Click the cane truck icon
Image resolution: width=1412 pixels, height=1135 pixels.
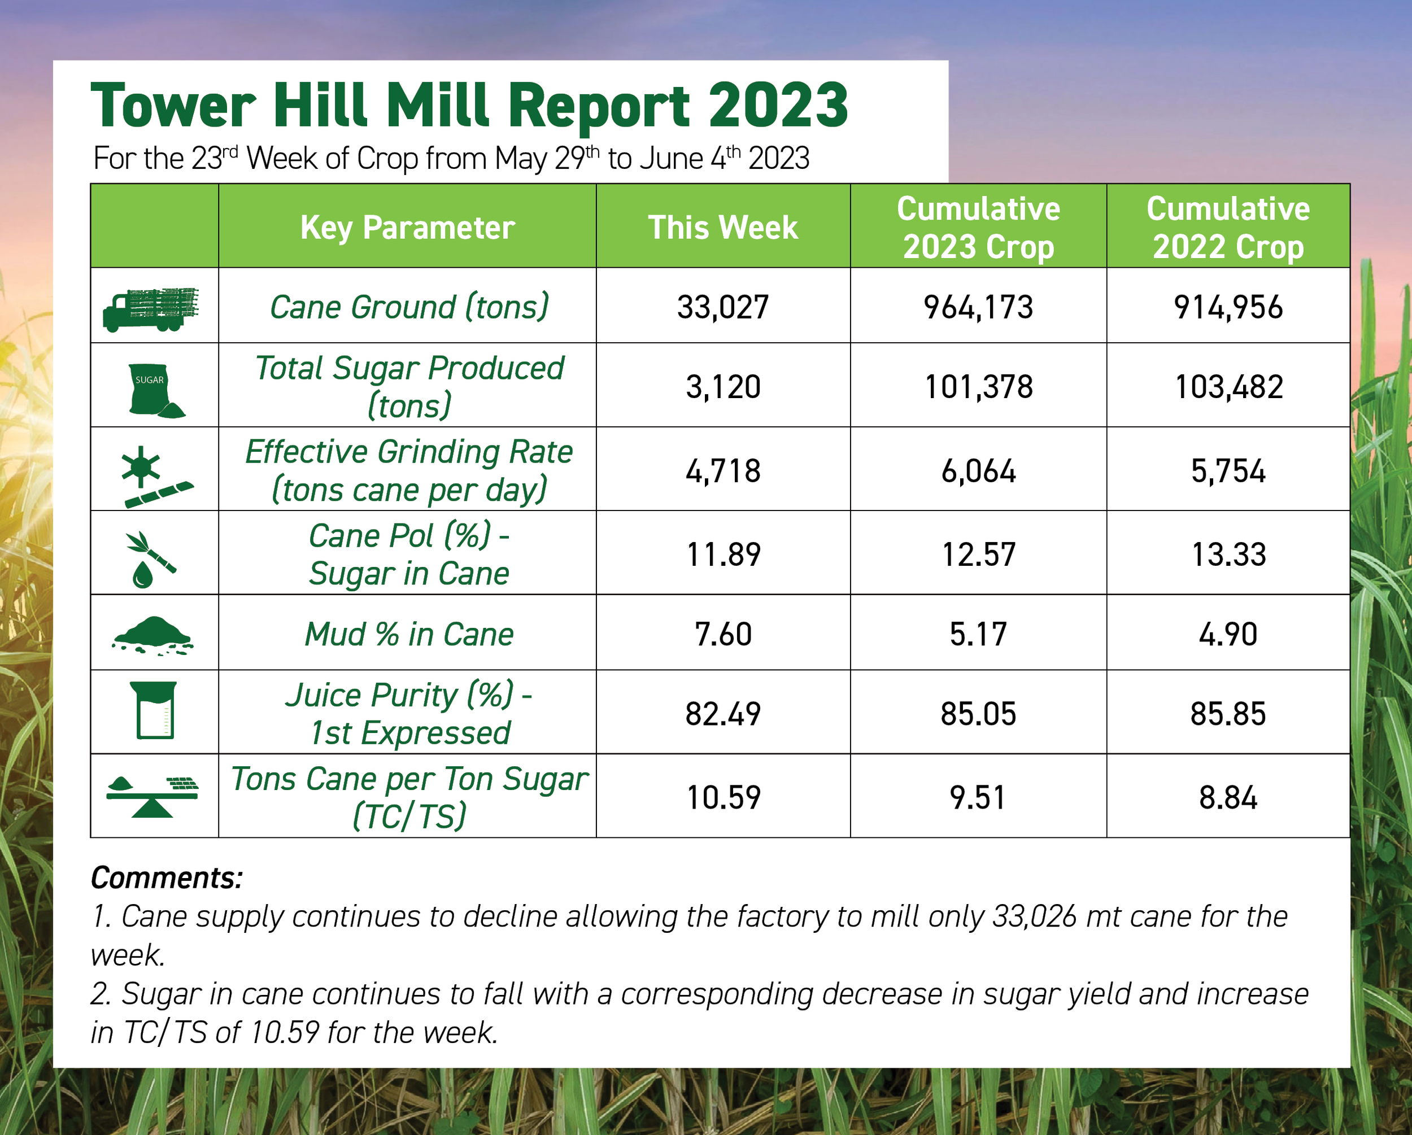tap(151, 309)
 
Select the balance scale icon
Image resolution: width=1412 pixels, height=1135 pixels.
tap(152, 796)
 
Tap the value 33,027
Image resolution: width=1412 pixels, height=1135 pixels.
tap(722, 307)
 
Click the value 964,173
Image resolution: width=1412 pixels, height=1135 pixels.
tap(978, 307)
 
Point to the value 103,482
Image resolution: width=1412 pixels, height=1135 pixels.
tap(1228, 386)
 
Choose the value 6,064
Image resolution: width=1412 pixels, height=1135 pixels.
tap(978, 471)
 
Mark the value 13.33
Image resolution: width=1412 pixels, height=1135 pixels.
tap(1228, 555)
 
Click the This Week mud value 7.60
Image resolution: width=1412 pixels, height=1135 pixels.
tap(722, 634)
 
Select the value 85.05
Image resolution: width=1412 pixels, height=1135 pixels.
tap(978, 713)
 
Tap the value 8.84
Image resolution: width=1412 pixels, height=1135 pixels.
tap(1228, 798)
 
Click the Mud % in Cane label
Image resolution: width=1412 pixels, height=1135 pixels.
tap(409, 634)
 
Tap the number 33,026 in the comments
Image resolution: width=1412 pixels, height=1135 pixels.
tap(1034, 916)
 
